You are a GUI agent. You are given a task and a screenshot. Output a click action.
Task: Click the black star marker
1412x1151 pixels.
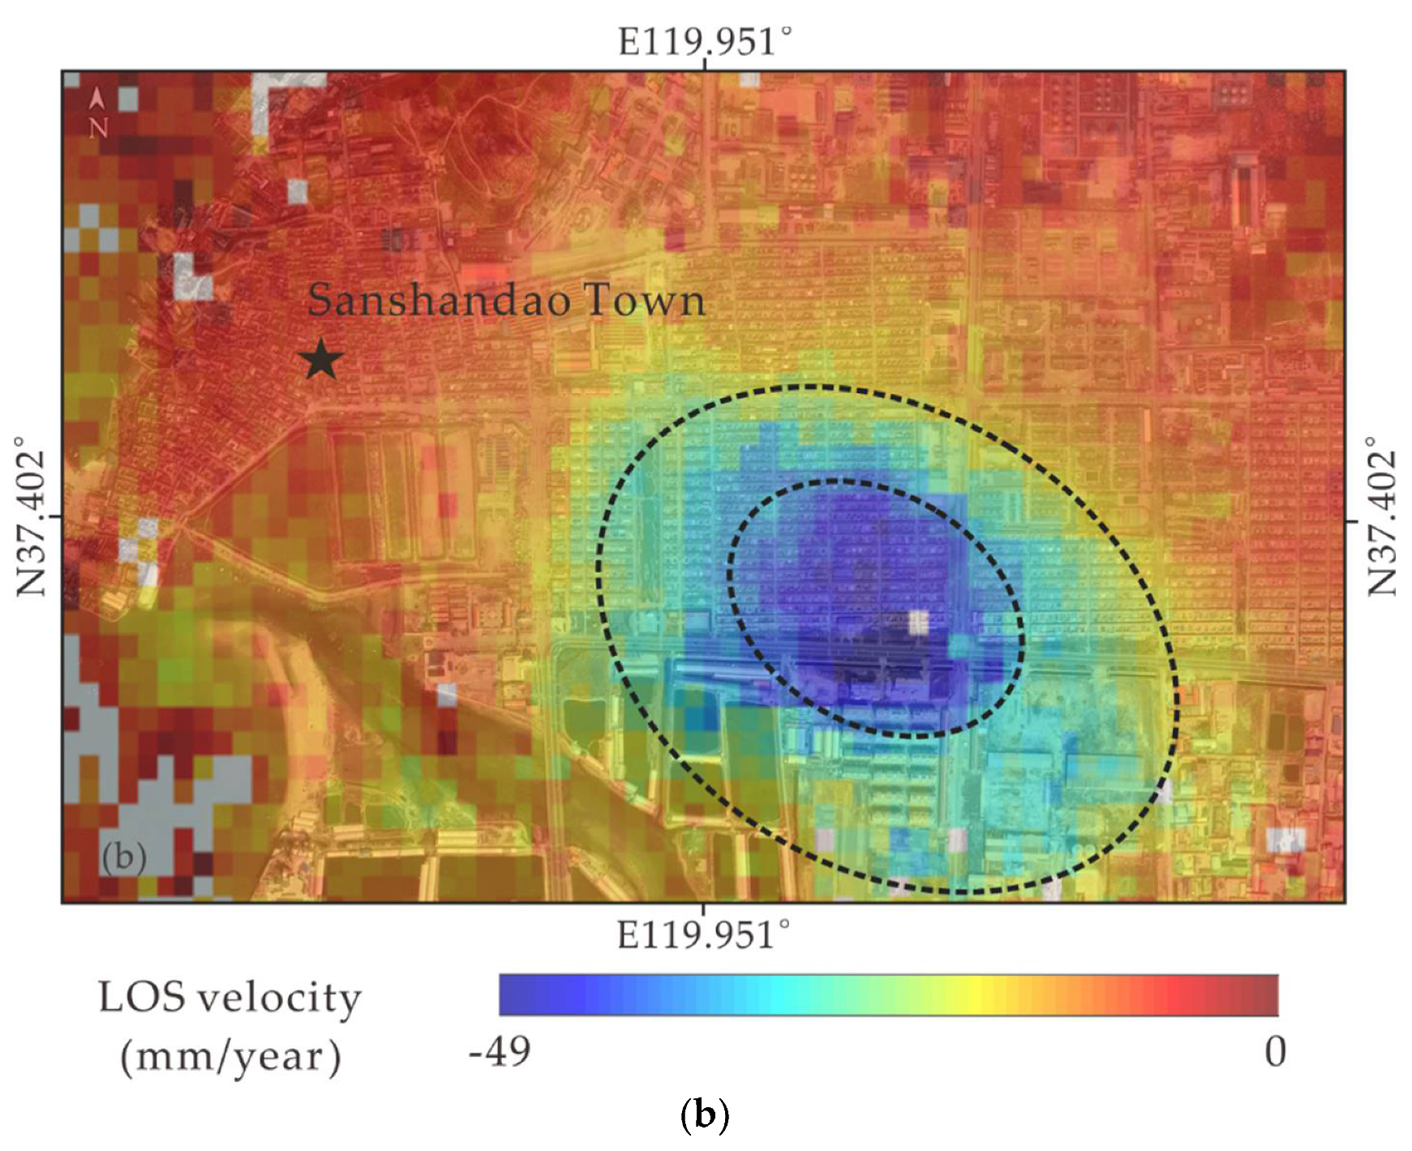click(x=322, y=359)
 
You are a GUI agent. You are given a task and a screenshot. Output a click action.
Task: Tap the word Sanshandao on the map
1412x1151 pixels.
click(x=439, y=300)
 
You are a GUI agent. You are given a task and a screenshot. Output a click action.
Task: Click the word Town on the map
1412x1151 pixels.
click(x=644, y=300)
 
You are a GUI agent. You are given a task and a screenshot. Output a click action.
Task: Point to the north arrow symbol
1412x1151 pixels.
click(x=97, y=99)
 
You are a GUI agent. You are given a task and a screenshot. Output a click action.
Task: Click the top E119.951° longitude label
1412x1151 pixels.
click(x=704, y=41)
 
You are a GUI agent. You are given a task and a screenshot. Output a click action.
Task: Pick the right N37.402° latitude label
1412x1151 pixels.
click(x=1381, y=516)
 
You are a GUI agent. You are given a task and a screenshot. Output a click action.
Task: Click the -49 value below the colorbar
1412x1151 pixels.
click(x=500, y=1052)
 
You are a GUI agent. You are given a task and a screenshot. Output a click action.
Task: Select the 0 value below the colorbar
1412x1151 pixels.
click(x=1275, y=1052)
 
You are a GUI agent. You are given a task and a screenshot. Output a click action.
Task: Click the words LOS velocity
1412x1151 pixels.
click(x=230, y=997)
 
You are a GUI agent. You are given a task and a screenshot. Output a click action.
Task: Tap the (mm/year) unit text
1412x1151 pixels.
click(x=230, y=1056)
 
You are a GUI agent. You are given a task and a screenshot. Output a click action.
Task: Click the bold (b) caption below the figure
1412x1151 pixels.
click(x=703, y=1116)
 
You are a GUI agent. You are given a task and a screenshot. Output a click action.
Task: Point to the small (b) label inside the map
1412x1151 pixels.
click(x=123, y=857)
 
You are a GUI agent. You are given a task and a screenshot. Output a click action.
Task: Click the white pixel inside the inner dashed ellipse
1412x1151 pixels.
click(x=917, y=623)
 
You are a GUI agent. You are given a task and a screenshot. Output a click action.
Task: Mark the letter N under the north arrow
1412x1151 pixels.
click(x=98, y=128)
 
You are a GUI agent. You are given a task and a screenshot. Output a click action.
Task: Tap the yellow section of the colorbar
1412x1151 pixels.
click(x=981, y=995)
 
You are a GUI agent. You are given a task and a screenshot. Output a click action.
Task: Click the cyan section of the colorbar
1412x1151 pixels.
click(x=779, y=995)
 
